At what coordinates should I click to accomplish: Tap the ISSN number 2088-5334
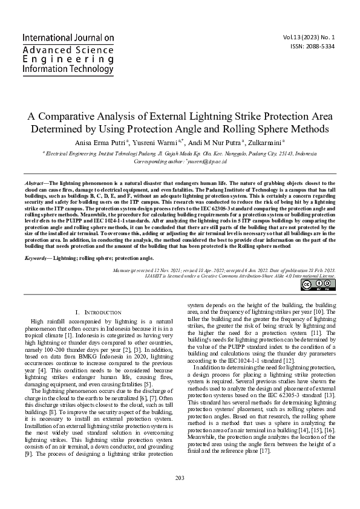(x=321, y=46)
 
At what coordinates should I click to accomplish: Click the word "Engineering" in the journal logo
(x=60, y=59)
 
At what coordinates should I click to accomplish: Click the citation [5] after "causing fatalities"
(x=147, y=384)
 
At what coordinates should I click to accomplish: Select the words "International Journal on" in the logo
(x=68, y=37)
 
